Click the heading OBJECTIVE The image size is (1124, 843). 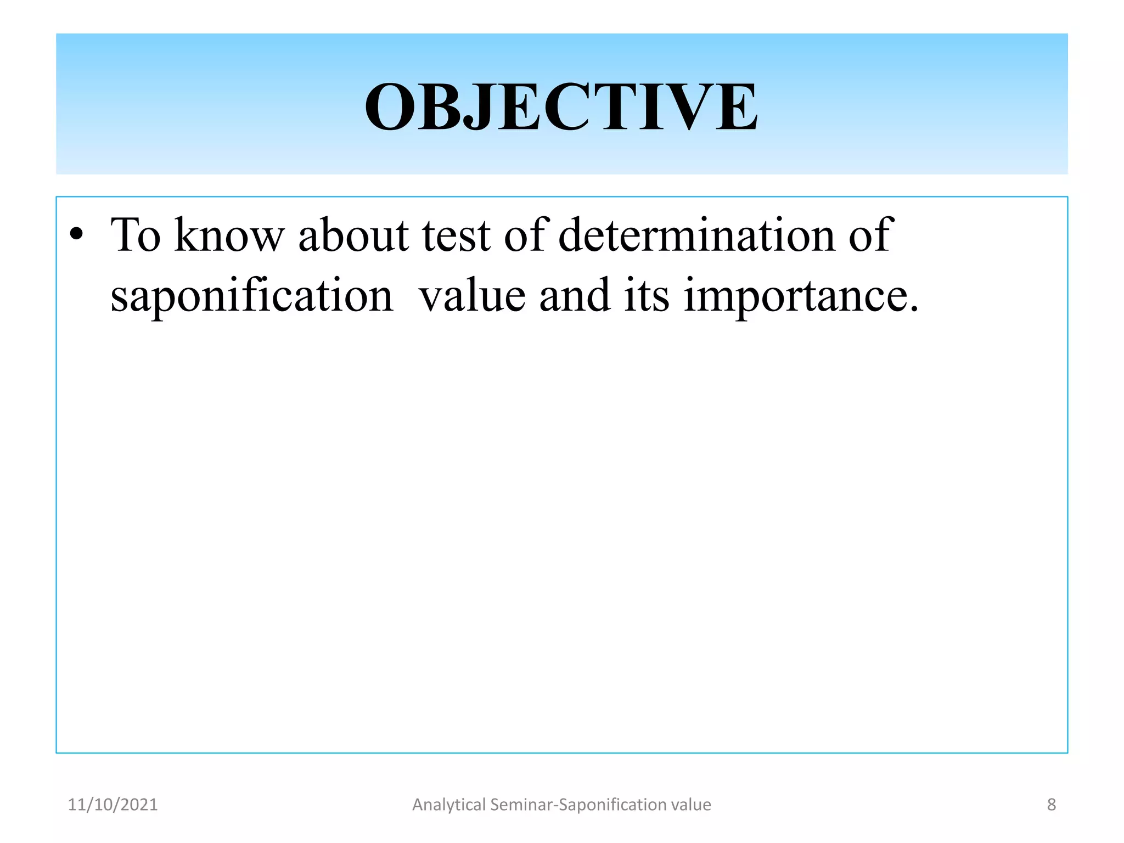(x=561, y=106)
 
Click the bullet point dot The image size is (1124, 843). (x=77, y=235)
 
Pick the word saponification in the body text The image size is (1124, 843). (x=252, y=296)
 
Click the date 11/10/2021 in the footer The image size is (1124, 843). (x=113, y=805)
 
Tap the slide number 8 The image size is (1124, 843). (x=1051, y=805)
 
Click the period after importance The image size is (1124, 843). (x=913, y=310)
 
